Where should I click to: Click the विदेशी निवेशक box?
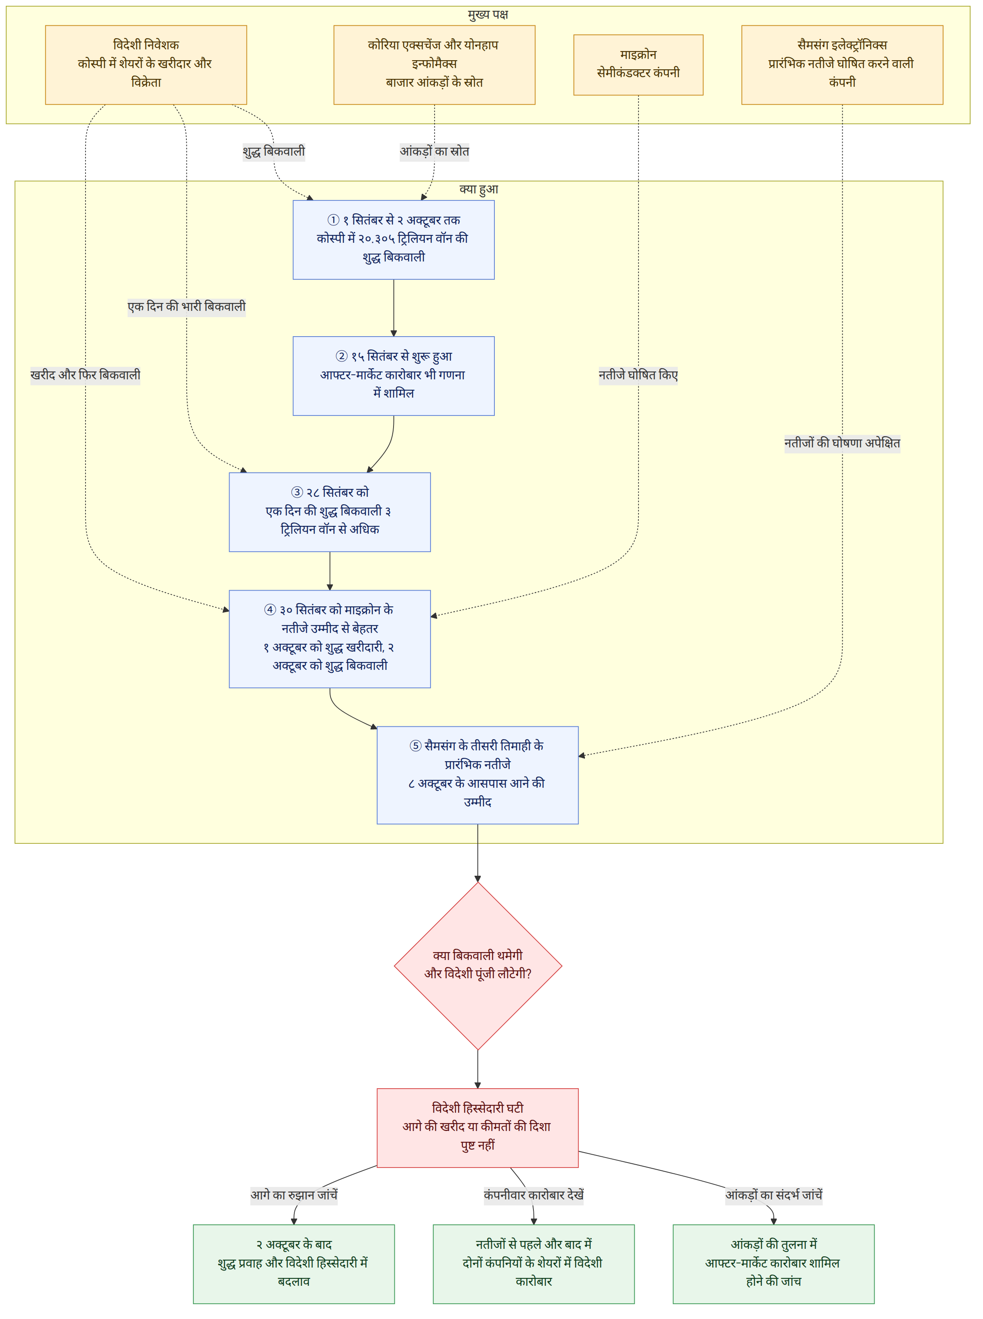tap(146, 65)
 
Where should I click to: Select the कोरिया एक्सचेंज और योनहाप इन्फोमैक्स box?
tap(434, 65)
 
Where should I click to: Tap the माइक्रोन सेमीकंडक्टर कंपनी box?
tap(638, 65)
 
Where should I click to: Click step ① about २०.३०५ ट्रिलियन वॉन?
tap(393, 240)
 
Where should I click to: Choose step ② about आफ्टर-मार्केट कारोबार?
tap(393, 376)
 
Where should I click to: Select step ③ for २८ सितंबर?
tap(330, 512)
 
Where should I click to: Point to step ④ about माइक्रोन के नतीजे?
tap(330, 639)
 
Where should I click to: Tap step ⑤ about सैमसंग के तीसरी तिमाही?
tap(478, 775)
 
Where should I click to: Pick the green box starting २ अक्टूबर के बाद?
tap(294, 1264)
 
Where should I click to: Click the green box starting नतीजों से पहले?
tap(534, 1264)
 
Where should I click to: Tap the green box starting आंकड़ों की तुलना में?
tap(773, 1264)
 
